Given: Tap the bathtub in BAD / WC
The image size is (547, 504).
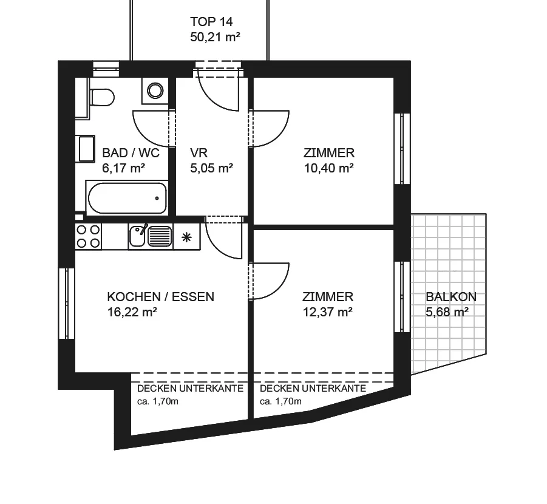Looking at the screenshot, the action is tap(127, 198).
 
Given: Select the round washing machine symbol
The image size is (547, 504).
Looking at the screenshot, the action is tap(155, 90).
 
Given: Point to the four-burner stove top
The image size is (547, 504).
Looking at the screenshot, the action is tap(88, 236).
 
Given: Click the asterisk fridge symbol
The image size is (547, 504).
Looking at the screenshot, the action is tap(186, 237).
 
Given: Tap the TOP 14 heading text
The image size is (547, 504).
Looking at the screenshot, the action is tap(211, 22).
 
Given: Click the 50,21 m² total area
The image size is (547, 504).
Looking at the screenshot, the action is tap(216, 36).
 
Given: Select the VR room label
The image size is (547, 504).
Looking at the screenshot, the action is tap(199, 153).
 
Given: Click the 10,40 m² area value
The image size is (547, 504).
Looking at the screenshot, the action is tap(329, 168).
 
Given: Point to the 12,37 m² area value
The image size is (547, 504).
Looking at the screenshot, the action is tap(328, 312).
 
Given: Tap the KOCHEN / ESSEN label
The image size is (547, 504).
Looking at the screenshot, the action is tap(161, 297).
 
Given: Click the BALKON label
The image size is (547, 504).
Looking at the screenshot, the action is tap(451, 297).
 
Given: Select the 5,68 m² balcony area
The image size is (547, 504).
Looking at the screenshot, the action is tap(447, 312).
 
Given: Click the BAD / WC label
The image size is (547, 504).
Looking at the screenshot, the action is tap(131, 153).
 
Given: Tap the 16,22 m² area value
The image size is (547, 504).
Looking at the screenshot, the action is tap(132, 312).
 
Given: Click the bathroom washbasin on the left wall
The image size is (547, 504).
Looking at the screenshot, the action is tap(86, 149).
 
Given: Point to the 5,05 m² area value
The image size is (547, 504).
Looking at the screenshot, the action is tap(212, 168).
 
